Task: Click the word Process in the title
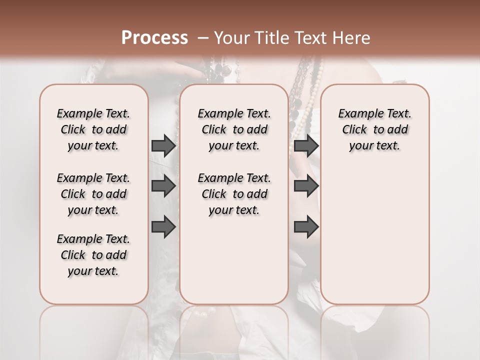pyautogui.click(x=154, y=37)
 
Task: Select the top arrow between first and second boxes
pyautogui.click(x=163, y=146)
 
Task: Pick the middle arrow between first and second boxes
pyautogui.click(x=163, y=186)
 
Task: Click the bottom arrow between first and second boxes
pyautogui.click(x=163, y=227)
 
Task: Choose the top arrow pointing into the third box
pyautogui.click(x=306, y=146)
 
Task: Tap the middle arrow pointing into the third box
pyautogui.click(x=306, y=186)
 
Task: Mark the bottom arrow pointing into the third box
pyautogui.click(x=306, y=227)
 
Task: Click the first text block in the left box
pyautogui.click(x=93, y=129)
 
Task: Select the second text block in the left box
pyautogui.click(x=93, y=194)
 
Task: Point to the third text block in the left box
pyautogui.click(x=93, y=255)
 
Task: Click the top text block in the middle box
pyautogui.click(x=234, y=129)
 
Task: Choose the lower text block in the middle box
pyautogui.click(x=234, y=194)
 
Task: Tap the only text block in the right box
pyautogui.click(x=374, y=129)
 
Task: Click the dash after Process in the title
pyautogui.click(x=203, y=37)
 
